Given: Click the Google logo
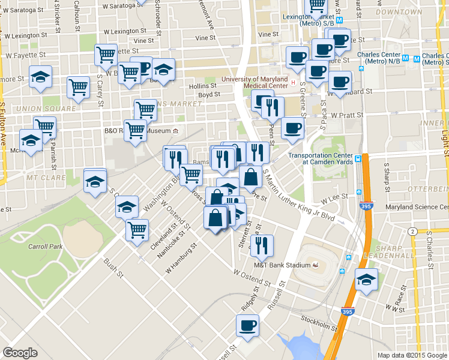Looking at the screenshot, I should pyautogui.click(x=20, y=353).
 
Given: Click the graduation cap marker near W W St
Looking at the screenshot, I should pyautogui.click(x=366, y=280).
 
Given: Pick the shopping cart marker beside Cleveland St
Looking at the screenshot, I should pyautogui.click(x=137, y=229).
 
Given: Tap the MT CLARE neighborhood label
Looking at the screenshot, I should pyautogui.click(x=41, y=178).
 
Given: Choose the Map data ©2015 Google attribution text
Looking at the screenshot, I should pyautogui.click(x=412, y=355).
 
